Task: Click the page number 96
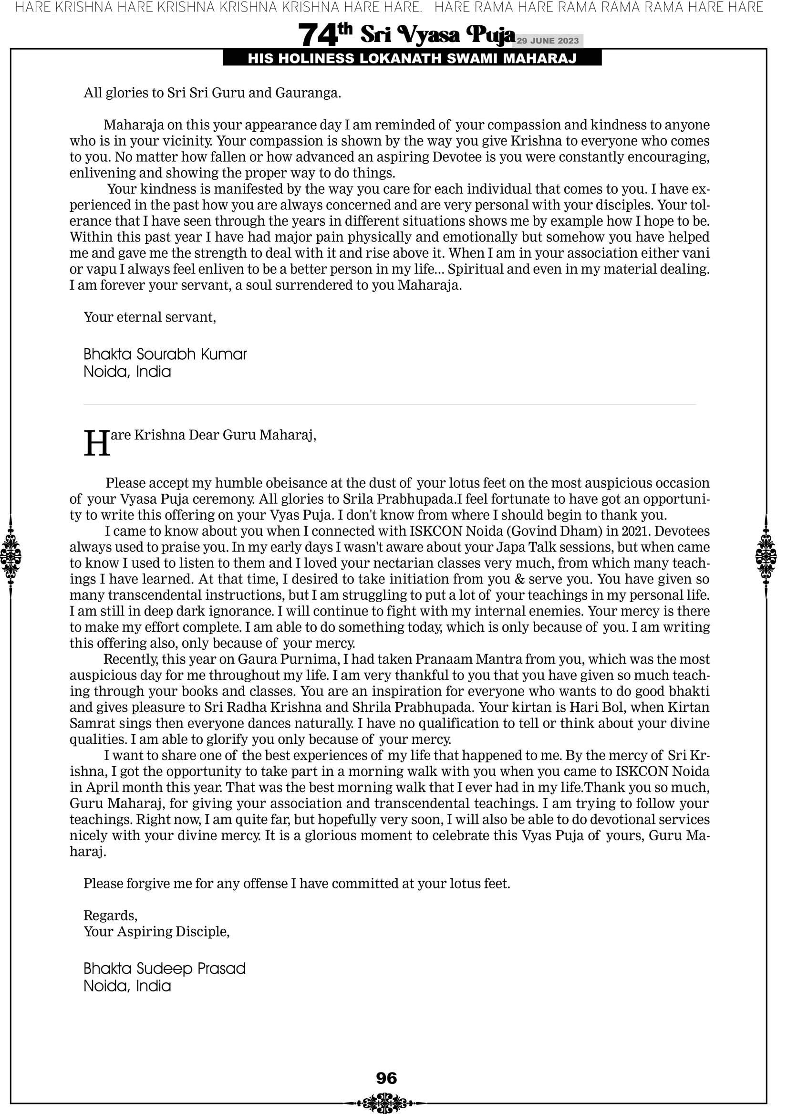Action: point(386,1078)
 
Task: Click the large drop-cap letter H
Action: point(97,444)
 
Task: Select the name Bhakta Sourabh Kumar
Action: point(165,354)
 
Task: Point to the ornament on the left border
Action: point(10,556)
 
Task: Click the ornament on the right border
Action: point(766,556)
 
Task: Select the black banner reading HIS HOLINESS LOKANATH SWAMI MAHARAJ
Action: point(412,59)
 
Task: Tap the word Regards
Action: point(110,916)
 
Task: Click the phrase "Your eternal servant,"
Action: point(149,317)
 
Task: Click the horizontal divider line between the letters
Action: point(389,404)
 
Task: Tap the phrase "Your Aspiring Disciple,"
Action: point(156,932)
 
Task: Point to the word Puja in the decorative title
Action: point(490,35)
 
